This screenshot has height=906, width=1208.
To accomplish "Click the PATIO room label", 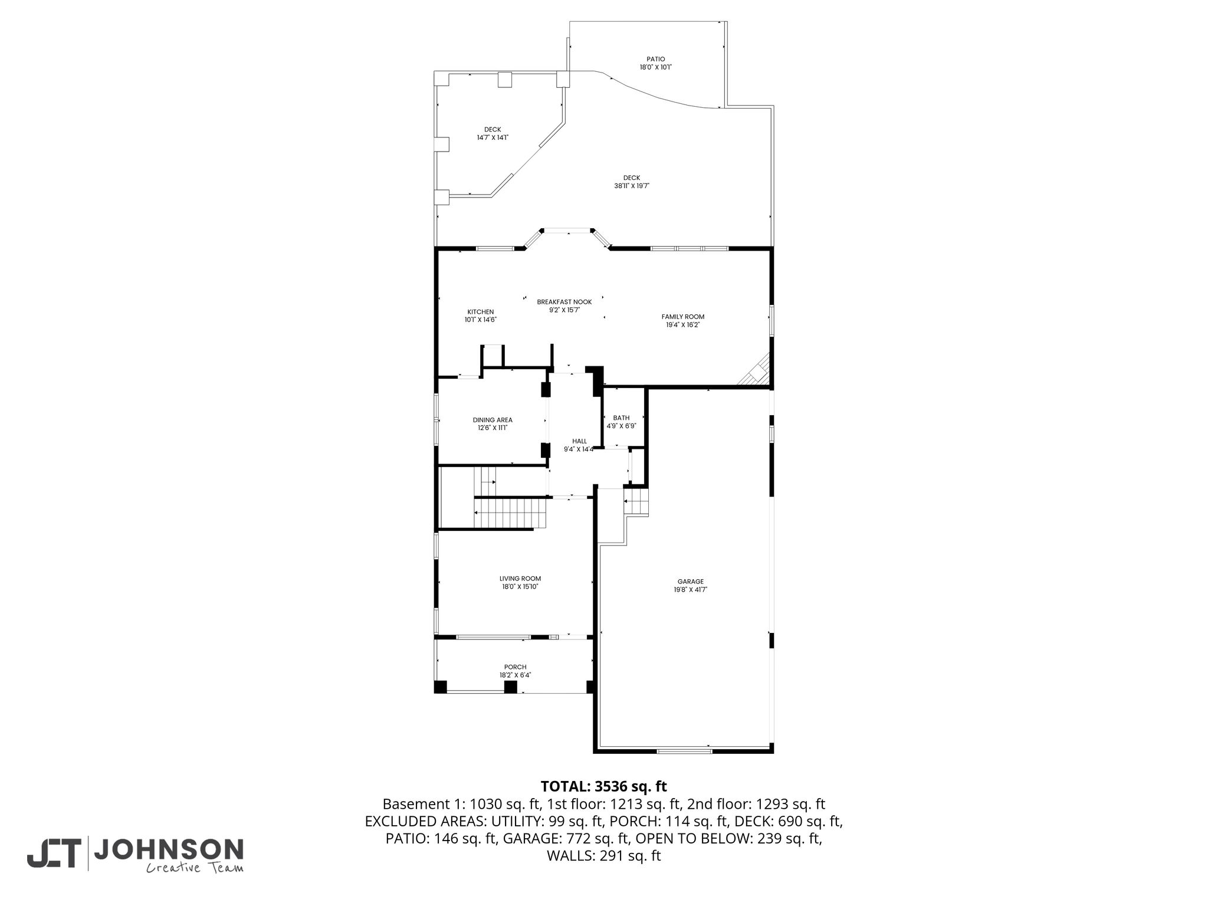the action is pos(655,59).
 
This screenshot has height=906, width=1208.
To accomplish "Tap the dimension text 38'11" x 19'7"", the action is pos(631,186).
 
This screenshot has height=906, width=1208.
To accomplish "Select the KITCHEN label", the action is pos(481,312).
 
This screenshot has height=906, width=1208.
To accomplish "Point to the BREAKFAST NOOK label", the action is pos(564,302).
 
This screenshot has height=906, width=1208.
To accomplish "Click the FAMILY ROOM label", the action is pos(683,317).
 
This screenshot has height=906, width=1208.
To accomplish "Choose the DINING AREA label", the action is pos(493,420).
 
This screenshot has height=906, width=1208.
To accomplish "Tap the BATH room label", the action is pos(621,418).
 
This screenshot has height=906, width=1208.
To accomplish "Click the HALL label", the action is pos(579,441).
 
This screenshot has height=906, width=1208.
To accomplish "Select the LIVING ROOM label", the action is pos(520,579).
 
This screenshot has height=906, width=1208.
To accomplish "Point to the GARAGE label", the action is pos(690,582).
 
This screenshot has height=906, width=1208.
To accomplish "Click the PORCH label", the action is pos(515,667).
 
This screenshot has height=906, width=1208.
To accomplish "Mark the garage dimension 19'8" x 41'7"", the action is pos(690,589).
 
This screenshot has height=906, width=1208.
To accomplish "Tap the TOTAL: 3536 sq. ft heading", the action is pos(603,786).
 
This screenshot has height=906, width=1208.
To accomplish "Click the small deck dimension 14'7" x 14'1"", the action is pos(493,137).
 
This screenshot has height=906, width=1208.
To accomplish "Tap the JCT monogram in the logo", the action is pos(53,853).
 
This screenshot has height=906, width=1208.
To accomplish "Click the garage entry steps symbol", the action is pos(636,503).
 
